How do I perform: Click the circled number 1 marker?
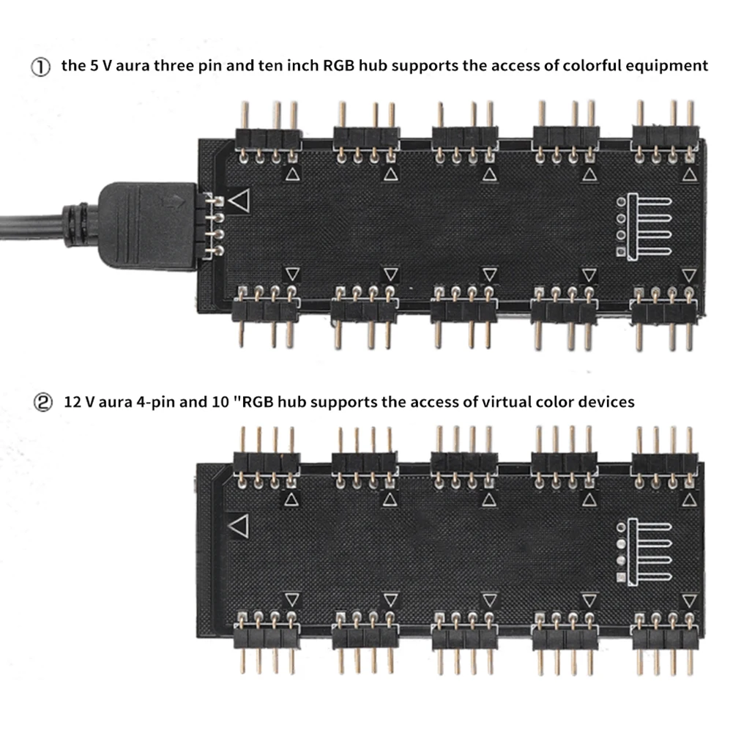point(40,67)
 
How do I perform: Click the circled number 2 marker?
point(40,402)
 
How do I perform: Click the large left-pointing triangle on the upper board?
point(239,200)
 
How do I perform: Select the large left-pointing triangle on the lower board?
point(238,525)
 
